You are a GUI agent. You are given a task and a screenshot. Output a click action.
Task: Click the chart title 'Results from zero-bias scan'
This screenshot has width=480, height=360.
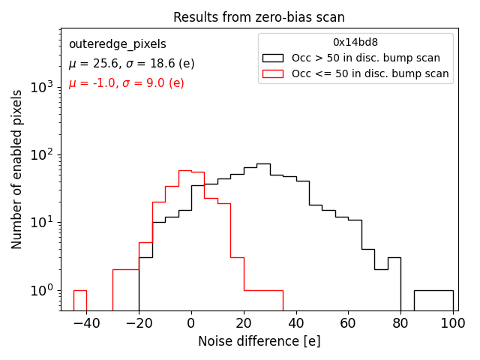(x=259, y=17)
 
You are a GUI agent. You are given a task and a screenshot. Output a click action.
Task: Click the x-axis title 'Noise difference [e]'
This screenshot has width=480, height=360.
(x=259, y=341)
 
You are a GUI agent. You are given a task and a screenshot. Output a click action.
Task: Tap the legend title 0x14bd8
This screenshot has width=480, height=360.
(x=355, y=43)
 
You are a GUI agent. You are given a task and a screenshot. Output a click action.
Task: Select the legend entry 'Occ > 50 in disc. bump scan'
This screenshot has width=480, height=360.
(x=366, y=58)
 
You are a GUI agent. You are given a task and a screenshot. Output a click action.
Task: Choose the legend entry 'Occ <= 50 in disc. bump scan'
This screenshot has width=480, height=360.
(x=370, y=73)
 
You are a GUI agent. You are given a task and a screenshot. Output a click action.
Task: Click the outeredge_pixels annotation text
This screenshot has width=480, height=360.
(x=117, y=44)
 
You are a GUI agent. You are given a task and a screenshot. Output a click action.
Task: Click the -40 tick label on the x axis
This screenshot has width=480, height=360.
(x=86, y=322)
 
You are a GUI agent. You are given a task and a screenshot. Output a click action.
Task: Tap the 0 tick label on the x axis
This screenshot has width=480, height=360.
(x=191, y=322)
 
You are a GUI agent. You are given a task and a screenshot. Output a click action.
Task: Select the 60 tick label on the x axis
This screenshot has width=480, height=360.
(x=348, y=322)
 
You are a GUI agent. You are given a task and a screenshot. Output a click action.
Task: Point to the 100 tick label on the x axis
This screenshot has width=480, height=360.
(x=453, y=322)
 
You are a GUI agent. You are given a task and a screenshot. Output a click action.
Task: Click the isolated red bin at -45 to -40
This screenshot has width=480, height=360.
(x=79, y=300)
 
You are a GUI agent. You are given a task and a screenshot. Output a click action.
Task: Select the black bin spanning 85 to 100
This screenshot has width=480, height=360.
(x=433, y=300)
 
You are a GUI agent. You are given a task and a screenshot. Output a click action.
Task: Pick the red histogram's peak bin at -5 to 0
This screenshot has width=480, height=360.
(x=184, y=240)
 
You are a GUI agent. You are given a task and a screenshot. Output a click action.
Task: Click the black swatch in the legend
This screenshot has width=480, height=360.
(x=272, y=58)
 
